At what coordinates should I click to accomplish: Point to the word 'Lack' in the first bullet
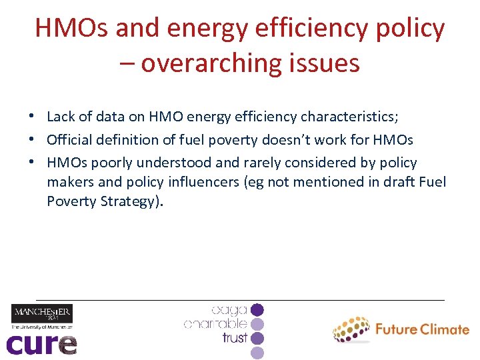(x=61, y=117)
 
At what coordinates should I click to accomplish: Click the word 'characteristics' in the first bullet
(x=349, y=117)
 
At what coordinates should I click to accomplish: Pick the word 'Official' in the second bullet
(x=69, y=140)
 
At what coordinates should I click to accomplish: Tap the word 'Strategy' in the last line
(x=128, y=201)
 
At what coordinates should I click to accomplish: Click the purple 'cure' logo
(x=41, y=344)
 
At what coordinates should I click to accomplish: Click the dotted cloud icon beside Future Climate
(x=351, y=329)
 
